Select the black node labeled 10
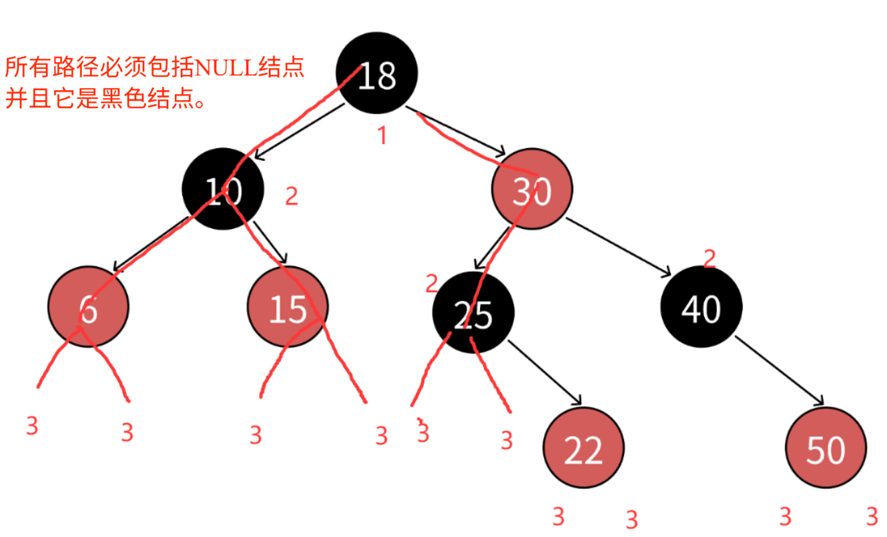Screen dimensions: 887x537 pyautogui.click(x=223, y=193)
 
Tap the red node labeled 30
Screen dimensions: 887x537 pyautogui.click(x=533, y=193)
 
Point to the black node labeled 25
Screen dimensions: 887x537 pyautogui.click(x=473, y=313)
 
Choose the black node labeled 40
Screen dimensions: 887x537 pyautogui.click(x=701, y=308)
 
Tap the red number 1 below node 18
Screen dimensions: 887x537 pyautogui.click(x=382, y=136)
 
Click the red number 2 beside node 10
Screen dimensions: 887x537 pyautogui.click(x=292, y=196)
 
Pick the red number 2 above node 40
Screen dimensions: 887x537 pyautogui.click(x=709, y=258)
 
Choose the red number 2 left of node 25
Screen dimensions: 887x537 pyautogui.click(x=432, y=284)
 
